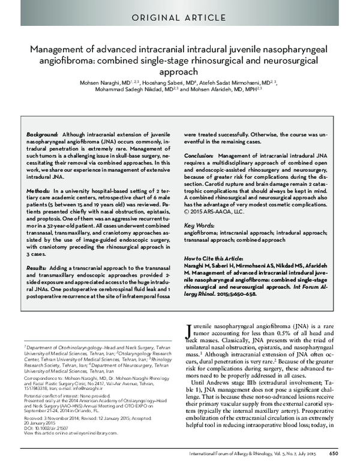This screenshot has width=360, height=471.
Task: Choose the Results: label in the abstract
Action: [37, 265]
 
